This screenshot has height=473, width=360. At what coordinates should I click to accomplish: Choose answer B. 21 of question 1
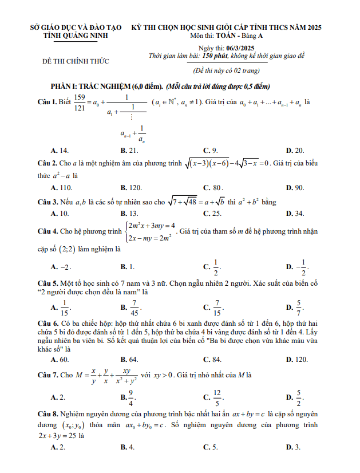coord(129,151)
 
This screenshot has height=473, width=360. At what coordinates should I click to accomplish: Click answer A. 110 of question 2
coord(61,187)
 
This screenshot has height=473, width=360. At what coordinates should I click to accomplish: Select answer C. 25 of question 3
coord(212,213)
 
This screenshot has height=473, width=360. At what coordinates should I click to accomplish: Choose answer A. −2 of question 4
coord(61,267)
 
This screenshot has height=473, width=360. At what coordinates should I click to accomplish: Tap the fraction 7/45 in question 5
coord(134,309)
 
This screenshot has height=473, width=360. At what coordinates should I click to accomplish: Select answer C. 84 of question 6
coord(212,360)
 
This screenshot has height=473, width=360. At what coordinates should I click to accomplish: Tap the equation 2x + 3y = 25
coord(57,436)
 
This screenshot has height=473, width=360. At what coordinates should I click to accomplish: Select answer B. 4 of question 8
coord(128,447)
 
